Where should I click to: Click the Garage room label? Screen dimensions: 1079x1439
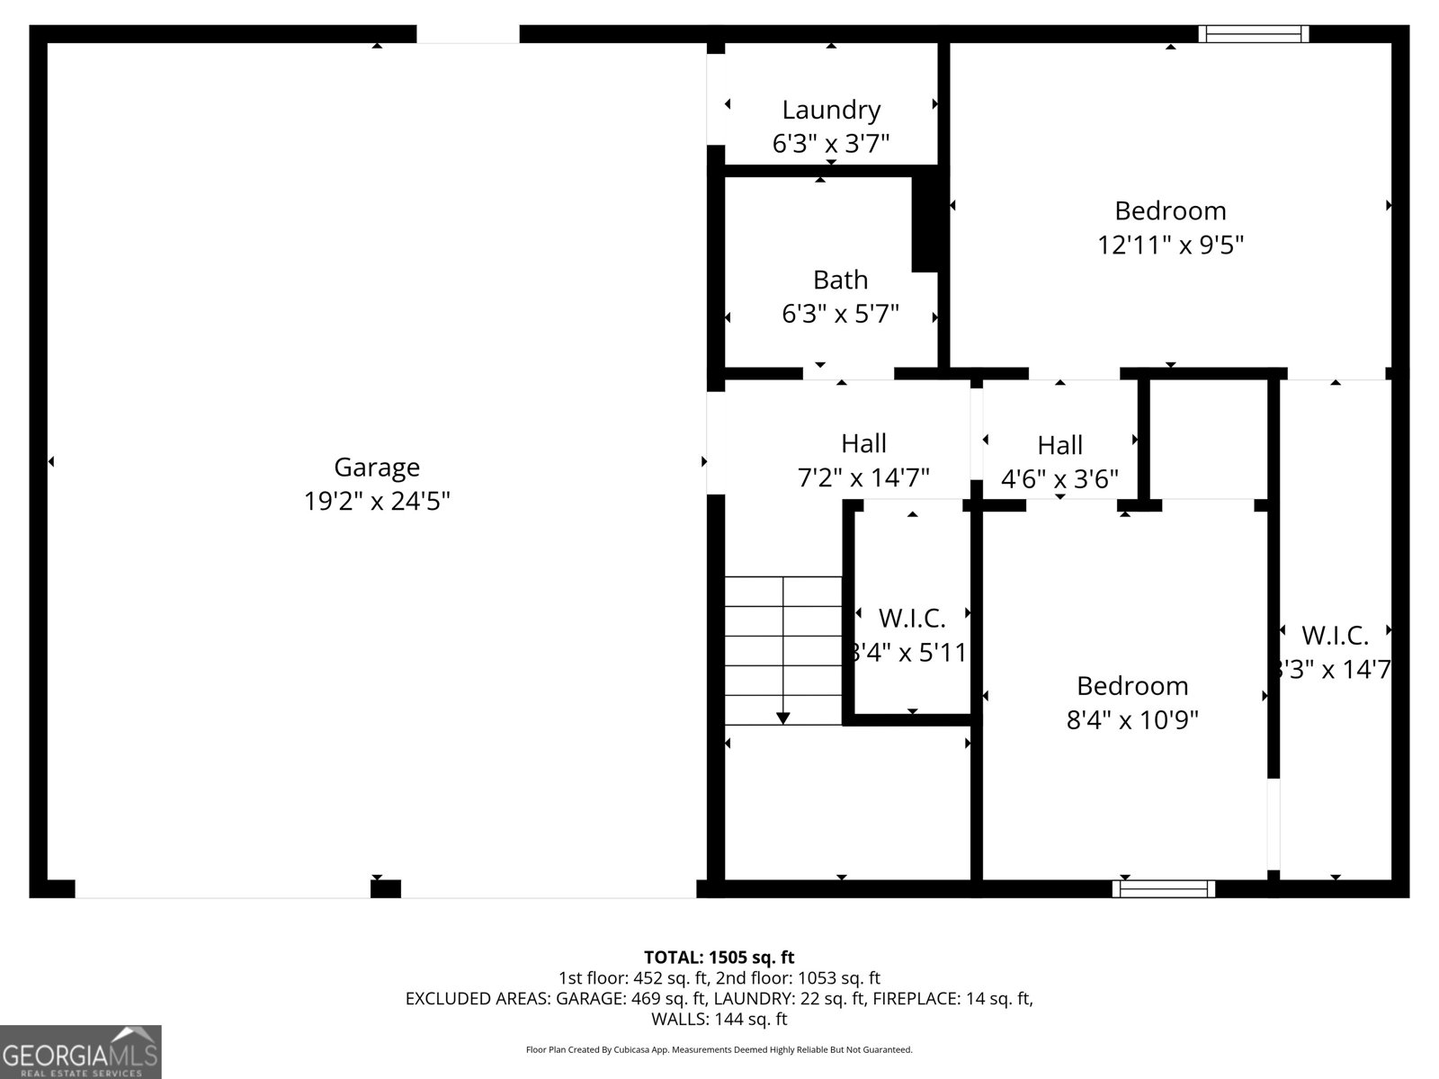pyautogui.click(x=377, y=467)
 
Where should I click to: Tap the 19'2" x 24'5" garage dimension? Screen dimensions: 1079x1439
pyautogui.click(x=377, y=501)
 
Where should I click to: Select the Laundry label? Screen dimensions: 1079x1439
pyautogui.click(x=831, y=110)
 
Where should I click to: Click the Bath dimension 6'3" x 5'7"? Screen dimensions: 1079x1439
pyautogui.click(x=840, y=314)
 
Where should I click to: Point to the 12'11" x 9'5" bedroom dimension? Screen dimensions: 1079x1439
pyautogui.click(x=1170, y=245)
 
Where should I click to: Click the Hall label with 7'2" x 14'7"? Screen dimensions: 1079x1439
pyautogui.click(x=863, y=443)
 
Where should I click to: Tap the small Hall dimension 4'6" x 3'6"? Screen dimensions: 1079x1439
pyautogui.click(x=1059, y=478)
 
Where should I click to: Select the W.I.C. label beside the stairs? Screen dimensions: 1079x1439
pyautogui.click(x=912, y=618)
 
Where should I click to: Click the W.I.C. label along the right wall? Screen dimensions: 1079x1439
pyautogui.click(x=1335, y=636)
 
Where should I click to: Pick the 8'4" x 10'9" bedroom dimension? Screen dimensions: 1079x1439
pyautogui.click(x=1132, y=720)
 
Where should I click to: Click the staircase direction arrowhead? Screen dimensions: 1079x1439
pyautogui.click(x=782, y=718)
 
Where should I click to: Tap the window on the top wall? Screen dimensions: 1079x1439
pyautogui.click(x=1253, y=34)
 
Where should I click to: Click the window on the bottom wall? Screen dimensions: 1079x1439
pyautogui.click(x=1164, y=888)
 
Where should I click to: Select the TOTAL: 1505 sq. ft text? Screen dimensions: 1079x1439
pyautogui.click(x=719, y=957)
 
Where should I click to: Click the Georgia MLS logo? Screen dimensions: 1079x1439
pyautogui.click(x=81, y=1052)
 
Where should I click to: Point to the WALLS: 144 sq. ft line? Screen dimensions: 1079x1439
pyautogui.click(x=719, y=1019)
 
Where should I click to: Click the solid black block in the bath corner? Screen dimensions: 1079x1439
pyautogui.click(x=925, y=223)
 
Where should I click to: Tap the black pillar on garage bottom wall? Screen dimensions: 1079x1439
pyautogui.click(x=385, y=889)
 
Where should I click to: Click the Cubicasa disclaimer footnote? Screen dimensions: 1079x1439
pyautogui.click(x=719, y=1049)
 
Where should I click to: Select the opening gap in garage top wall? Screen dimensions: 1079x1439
pyautogui.click(x=468, y=34)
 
